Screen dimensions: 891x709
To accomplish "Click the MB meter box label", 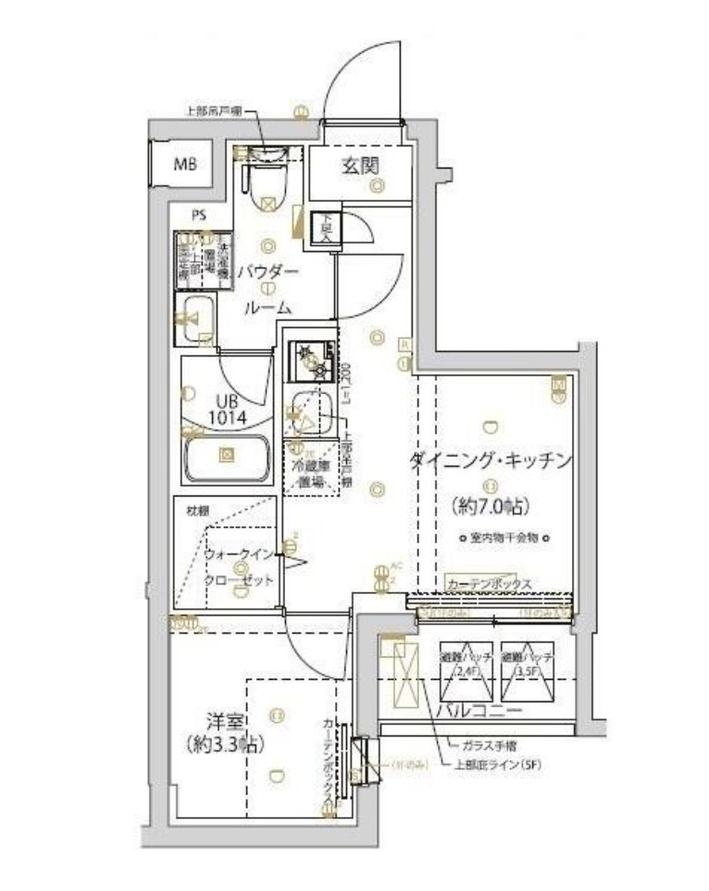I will point(186,167).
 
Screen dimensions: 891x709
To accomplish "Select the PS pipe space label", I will point(199,216).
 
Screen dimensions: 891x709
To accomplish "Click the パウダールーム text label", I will point(267,289).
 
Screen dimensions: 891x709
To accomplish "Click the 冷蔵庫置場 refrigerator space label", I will point(309,473).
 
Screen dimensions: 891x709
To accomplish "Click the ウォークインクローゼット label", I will point(240,567).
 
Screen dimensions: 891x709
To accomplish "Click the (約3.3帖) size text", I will point(220,743).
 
